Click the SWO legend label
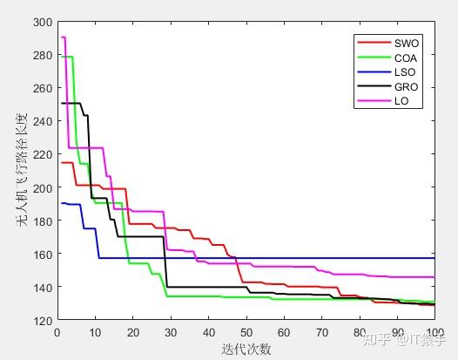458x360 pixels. [x=407, y=44]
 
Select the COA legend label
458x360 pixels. [x=406, y=58]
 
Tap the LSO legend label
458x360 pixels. [x=405, y=72]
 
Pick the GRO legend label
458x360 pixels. [x=406, y=87]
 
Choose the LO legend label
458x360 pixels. [x=401, y=101]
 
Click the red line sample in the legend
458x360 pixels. [x=374, y=43]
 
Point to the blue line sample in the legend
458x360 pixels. [x=374, y=72]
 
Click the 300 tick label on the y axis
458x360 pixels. [x=43, y=22]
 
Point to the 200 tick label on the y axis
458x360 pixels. [x=43, y=187]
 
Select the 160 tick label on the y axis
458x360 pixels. [x=43, y=254]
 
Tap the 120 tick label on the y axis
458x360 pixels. [x=43, y=321]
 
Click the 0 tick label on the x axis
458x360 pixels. [x=57, y=332]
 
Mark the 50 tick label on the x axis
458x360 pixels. [x=246, y=332]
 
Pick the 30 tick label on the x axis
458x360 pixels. [x=171, y=332]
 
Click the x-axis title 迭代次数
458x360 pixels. [x=246, y=349]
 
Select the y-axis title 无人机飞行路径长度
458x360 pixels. [x=22, y=170]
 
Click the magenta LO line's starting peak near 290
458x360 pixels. [x=63, y=37]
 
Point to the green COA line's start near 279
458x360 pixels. [x=66, y=57]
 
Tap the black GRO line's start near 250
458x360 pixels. [x=71, y=103]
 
